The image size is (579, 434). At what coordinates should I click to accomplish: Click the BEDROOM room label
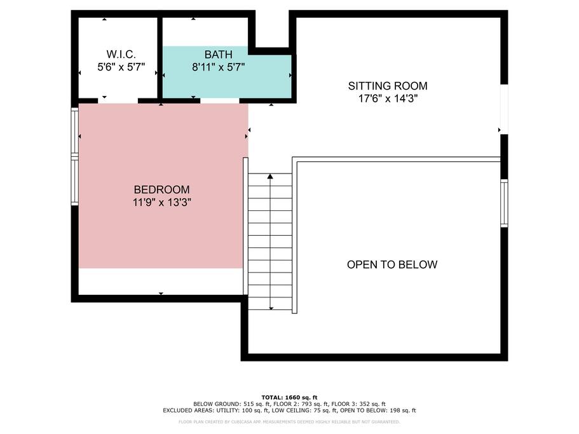click(161, 189)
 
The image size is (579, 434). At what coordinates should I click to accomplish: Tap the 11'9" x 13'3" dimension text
click(161, 202)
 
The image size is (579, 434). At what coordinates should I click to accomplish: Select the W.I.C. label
click(121, 54)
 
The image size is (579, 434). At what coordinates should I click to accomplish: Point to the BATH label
click(218, 55)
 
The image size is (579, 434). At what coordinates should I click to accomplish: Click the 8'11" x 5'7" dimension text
click(218, 67)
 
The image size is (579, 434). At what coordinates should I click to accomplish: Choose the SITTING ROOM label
click(388, 86)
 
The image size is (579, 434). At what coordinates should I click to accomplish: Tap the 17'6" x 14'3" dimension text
click(388, 98)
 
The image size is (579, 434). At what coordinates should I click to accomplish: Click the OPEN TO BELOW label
click(392, 264)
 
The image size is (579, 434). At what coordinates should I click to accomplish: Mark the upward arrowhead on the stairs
click(270, 177)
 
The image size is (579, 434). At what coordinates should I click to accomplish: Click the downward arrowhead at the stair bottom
click(271, 308)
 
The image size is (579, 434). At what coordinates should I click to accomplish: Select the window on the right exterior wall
click(504, 203)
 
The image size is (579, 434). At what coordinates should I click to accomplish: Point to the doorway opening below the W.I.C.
click(118, 100)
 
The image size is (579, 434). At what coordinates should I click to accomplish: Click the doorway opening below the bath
click(220, 100)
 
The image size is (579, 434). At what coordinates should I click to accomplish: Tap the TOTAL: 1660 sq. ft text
click(290, 398)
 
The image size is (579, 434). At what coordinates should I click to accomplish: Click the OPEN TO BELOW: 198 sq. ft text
click(378, 410)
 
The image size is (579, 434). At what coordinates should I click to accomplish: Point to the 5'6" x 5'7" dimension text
click(121, 67)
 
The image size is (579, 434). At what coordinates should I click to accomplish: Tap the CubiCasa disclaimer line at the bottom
click(289, 422)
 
